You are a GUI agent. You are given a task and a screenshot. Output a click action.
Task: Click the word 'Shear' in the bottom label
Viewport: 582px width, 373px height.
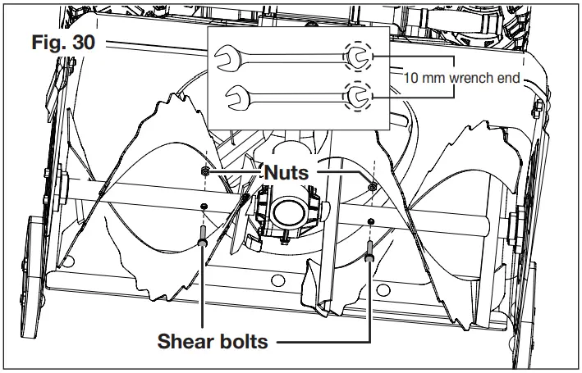coord(189,341)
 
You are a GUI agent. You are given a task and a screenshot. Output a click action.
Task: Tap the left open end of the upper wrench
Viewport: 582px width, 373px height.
coord(222,57)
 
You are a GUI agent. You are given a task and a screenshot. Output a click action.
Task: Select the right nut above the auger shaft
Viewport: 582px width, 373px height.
coord(372,187)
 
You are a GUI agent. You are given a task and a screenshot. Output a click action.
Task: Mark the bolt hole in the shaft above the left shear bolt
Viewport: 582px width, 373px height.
coord(204,205)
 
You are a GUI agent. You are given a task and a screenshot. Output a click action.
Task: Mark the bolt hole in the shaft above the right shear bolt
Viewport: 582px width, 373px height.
coord(371,221)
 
